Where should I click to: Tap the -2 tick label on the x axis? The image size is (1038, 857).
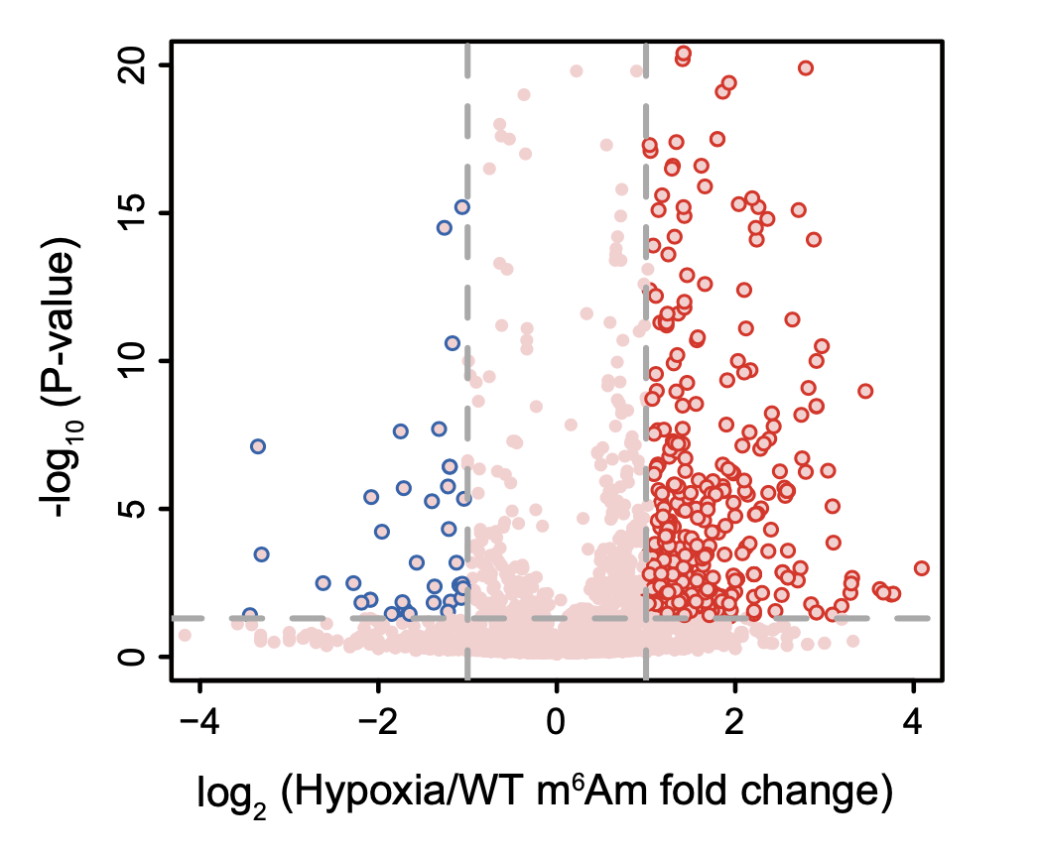[x=378, y=718]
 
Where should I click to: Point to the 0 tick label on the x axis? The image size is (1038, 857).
[x=557, y=718]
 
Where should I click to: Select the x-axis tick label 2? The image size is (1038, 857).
[x=735, y=718]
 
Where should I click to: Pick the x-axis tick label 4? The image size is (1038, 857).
[x=914, y=718]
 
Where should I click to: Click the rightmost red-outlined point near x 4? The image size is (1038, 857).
[x=922, y=568]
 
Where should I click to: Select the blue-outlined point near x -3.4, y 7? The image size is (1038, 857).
[x=258, y=446]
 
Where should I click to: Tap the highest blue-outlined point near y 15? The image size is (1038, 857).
[x=461, y=206]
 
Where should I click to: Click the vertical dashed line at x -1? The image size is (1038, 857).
[x=467, y=298]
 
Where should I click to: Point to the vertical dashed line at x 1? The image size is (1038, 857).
[x=646, y=298]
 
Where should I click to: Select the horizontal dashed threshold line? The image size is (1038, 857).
[x=298, y=618]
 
